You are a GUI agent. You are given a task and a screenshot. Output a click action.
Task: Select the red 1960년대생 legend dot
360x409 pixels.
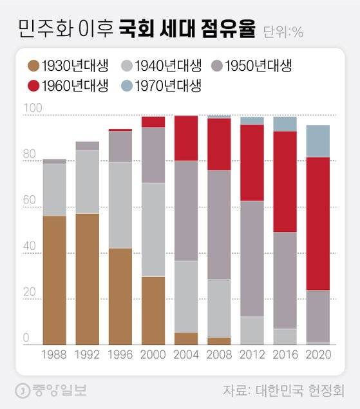(34, 85)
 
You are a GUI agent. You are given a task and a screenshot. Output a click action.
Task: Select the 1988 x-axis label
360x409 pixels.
(54, 355)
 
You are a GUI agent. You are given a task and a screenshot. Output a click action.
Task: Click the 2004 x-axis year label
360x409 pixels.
(185, 355)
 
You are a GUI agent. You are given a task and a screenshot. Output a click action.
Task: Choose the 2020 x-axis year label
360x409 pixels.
(317, 355)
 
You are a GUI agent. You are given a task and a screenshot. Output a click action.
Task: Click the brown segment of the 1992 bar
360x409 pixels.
(87, 279)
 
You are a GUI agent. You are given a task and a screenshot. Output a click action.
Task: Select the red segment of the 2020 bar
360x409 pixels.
(317, 224)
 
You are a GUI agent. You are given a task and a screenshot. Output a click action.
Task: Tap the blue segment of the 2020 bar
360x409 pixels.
(317, 140)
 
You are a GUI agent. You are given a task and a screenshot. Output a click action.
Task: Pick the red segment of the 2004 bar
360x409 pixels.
(185, 138)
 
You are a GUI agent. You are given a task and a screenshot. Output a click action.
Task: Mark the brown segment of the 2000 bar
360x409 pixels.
(153, 310)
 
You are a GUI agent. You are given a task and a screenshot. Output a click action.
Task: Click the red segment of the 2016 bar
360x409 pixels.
(285, 181)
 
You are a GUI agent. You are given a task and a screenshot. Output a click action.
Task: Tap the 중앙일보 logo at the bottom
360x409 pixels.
(52, 390)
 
